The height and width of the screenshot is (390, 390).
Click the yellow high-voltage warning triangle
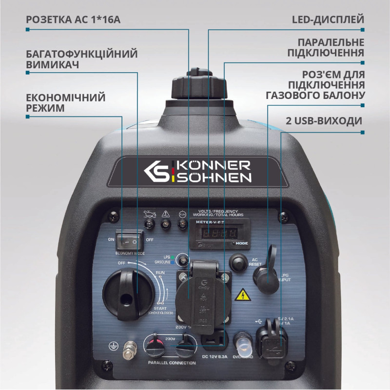click(240, 294)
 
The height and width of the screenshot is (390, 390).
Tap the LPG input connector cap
click(266, 273)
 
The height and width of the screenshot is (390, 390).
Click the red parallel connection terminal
click(155, 347)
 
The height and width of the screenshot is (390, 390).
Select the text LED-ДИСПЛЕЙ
click(328, 20)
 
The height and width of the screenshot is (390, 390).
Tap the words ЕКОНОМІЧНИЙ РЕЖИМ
click(65, 102)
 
